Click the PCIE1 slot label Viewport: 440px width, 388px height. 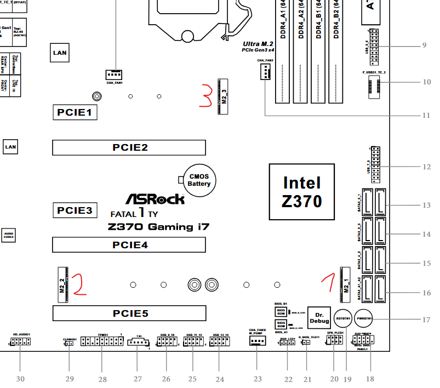click(75, 113)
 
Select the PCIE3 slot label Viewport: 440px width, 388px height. click(75, 210)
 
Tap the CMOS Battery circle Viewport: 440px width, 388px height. click(199, 180)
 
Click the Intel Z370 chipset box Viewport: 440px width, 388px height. click(301, 192)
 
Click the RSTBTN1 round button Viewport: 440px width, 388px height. click(344, 318)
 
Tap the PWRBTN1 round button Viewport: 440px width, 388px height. click(364, 318)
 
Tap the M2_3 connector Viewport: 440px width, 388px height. click(223, 96)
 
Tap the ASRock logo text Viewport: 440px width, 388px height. click(155, 199)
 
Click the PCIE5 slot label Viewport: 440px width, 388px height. click(129, 313)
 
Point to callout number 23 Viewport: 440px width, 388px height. click(256, 379)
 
